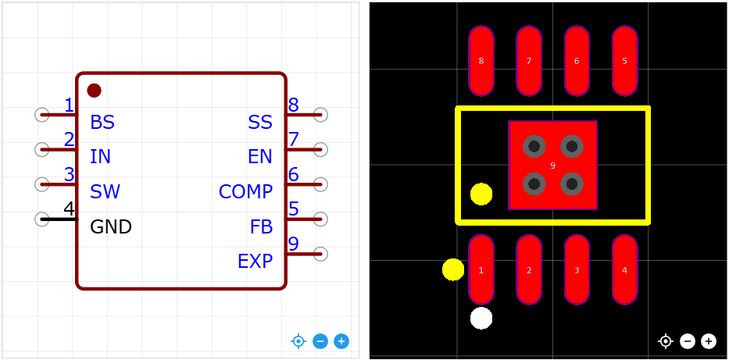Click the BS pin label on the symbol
[102, 123]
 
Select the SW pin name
[105, 192]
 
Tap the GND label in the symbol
[111, 227]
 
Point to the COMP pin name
[245, 192]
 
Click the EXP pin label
[255, 262]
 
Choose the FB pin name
[261, 227]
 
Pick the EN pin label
[260, 157]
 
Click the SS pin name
[260, 123]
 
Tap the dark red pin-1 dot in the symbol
[94, 91]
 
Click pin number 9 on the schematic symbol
[293, 244]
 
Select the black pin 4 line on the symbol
[59, 219]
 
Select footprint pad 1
[481, 270]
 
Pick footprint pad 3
[577, 270]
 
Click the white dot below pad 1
[481, 318]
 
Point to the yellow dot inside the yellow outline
[481, 194]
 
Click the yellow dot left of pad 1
[453, 269]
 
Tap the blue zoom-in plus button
[341, 341]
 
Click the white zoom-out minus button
[687, 341]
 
